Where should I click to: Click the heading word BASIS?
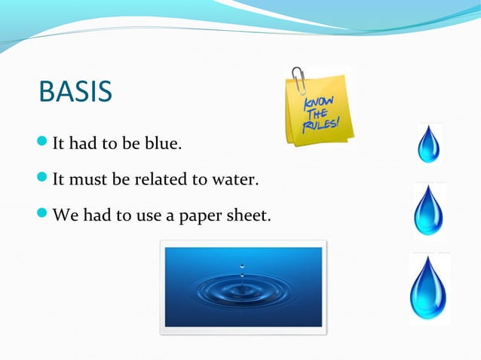click(x=75, y=92)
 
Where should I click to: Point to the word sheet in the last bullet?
click(x=250, y=216)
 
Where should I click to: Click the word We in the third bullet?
click(x=63, y=216)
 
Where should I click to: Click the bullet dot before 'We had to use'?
click(x=42, y=215)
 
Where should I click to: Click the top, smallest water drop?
click(x=429, y=144)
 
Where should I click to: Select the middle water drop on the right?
click(x=429, y=210)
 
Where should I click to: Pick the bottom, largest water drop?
click(x=429, y=288)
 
